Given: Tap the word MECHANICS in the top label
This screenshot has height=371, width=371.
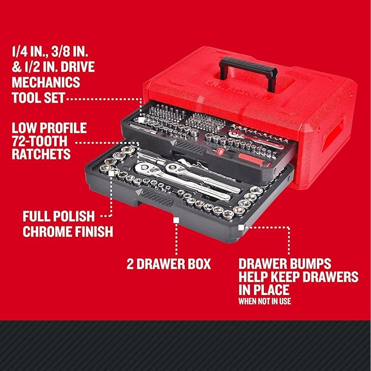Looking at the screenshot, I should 45,83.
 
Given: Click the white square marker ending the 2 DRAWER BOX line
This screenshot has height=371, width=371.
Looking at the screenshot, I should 176,219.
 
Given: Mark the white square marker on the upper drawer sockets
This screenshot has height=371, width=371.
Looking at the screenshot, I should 142,117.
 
